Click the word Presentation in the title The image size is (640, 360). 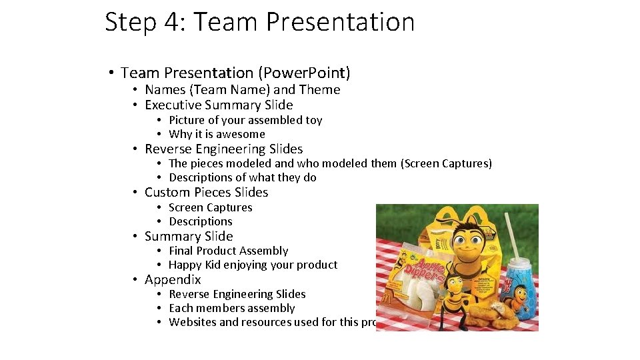(x=340, y=22)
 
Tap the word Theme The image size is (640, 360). (x=319, y=89)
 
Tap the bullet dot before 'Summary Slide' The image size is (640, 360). (x=135, y=236)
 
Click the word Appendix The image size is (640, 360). (x=173, y=279)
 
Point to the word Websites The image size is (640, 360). (x=193, y=322)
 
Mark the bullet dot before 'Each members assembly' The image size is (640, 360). (x=160, y=308)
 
